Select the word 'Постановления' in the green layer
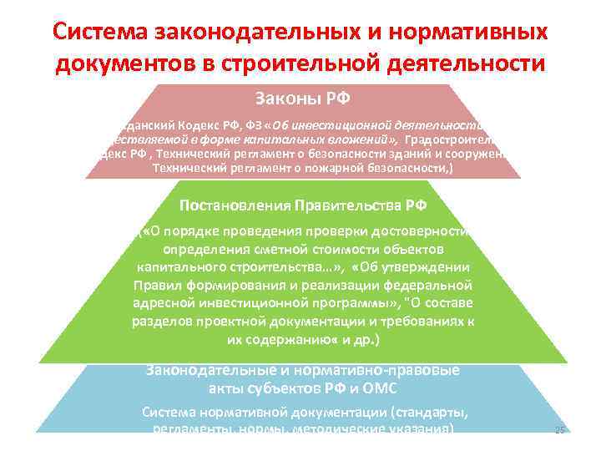pyautogui.click(x=225, y=205)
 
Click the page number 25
pyautogui.click(x=560, y=430)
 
